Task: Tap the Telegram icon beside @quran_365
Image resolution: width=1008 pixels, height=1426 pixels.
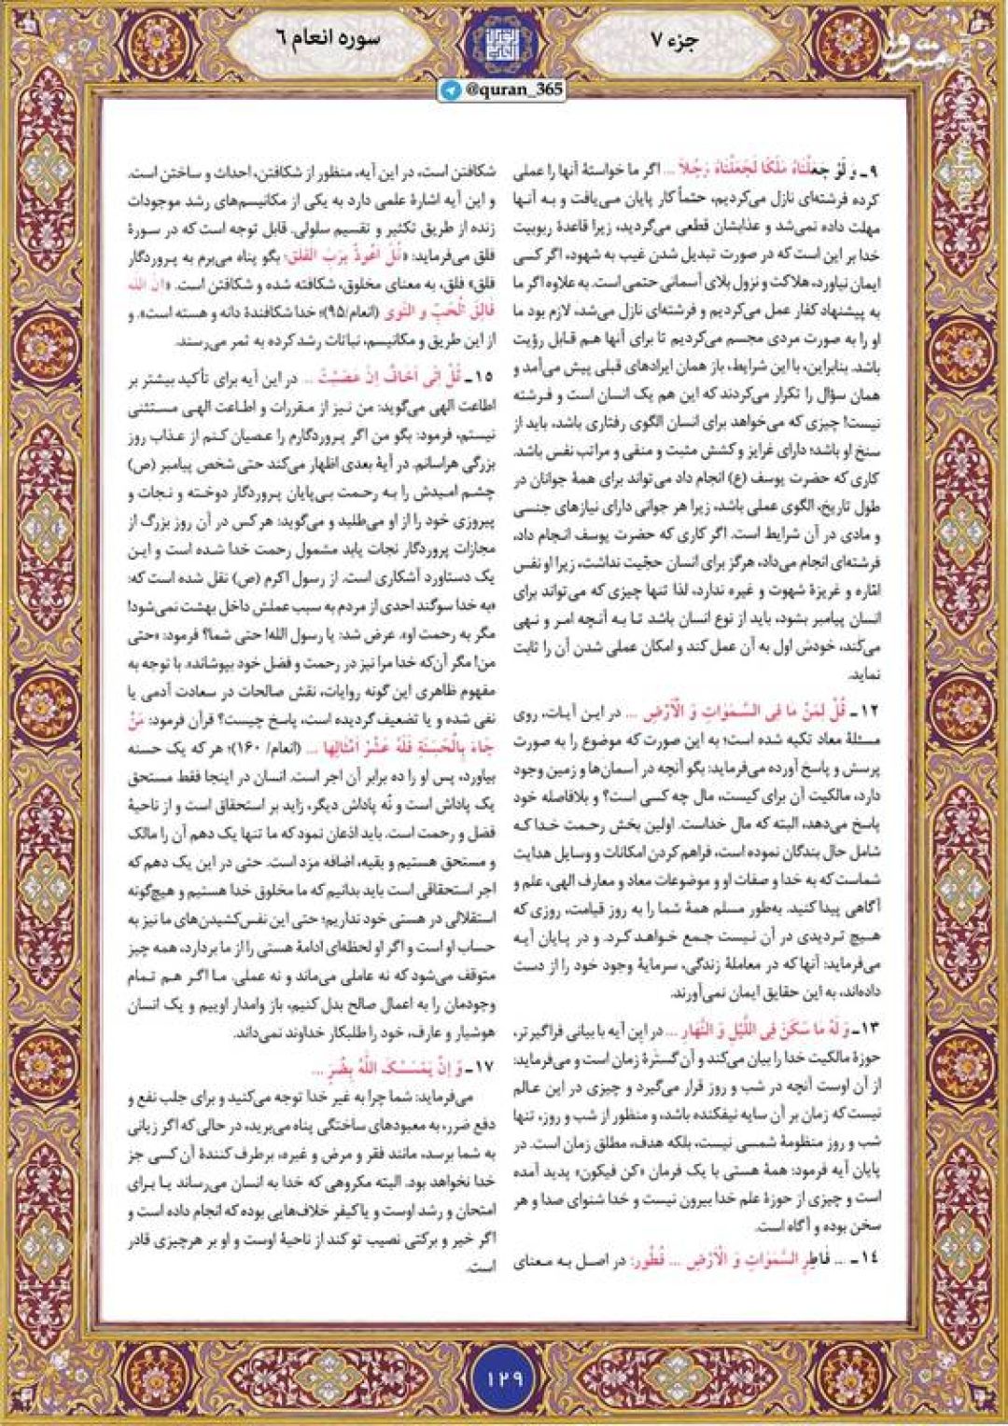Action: pos(453,90)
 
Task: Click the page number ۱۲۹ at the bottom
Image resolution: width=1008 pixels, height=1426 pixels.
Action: pos(504,1377)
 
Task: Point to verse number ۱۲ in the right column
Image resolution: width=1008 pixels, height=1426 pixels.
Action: pos(870,713)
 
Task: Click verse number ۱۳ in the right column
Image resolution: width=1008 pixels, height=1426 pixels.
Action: pos(870,1029)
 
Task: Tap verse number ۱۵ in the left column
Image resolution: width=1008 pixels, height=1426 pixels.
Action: pos(481,378)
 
